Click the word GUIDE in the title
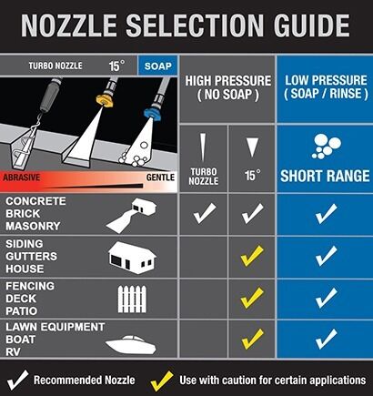312,25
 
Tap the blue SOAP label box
157,66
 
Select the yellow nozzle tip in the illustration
105,100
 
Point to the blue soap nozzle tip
152,113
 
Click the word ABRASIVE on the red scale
21,178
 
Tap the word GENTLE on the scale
160,178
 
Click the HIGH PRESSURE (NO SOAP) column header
228,88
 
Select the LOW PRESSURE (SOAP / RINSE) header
326,87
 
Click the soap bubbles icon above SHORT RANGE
326,147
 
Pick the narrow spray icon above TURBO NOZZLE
203,147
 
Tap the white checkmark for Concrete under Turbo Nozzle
205,213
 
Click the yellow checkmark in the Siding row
252,257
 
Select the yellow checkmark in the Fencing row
252,298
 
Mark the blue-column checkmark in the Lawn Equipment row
326,339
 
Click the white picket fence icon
132,300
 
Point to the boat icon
131,344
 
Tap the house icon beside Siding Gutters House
132,258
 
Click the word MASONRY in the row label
33,226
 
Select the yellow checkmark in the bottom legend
162,381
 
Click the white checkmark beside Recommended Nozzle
18,381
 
